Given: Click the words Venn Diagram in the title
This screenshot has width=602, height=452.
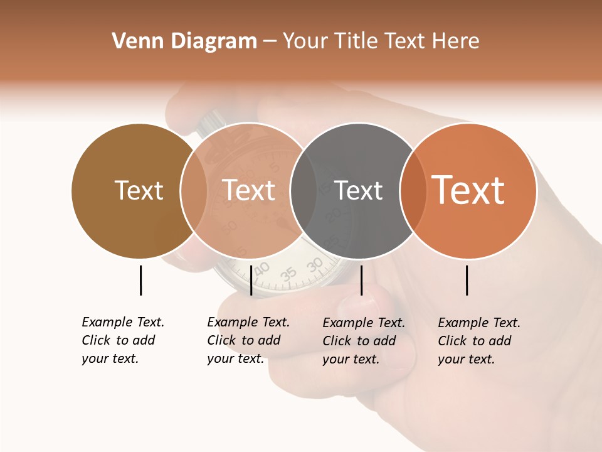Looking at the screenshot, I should click(184, 41).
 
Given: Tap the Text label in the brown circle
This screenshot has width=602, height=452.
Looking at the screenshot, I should click(139, 190).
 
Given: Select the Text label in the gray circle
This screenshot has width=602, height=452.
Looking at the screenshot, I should click(358, 190).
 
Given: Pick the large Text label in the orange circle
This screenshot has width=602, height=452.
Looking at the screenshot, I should click(468, 190).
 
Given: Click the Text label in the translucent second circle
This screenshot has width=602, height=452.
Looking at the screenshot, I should click(248, 190).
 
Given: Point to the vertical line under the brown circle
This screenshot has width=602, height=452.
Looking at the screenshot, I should click(140, 280).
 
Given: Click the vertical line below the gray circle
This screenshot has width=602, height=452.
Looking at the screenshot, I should click(361, 280).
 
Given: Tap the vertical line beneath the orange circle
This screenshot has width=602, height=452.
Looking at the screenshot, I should click(467, 280).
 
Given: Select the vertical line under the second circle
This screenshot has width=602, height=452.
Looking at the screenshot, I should click(251, 280).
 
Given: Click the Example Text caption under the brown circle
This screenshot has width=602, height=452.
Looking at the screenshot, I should click(122, 340).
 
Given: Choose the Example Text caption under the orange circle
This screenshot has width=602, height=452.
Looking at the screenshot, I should click(478, 341).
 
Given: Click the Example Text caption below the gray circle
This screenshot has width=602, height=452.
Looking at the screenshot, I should click(363, 341).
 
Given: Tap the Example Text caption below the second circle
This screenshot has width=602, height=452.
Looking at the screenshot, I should click(248, 340).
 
